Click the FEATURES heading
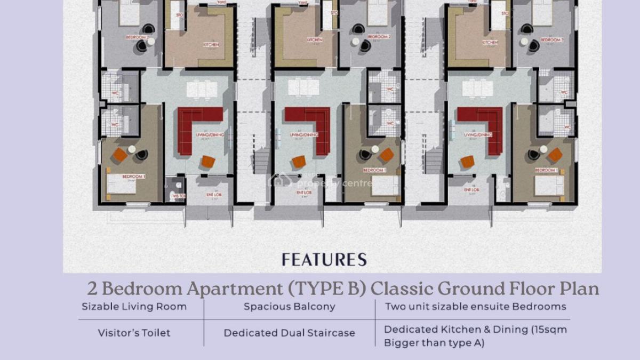(x=324, y=260)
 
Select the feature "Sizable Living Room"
(x=134, y=307)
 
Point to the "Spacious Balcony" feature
(x=290, y=307)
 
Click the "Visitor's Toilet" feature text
(x=134, y=333)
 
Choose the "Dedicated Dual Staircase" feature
(x=290, y=333)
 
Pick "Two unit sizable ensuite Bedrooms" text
(x=475, y=307)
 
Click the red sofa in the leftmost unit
(x=194, y=126)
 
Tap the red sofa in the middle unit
(x=313, y=126)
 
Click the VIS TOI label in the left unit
(x=178, y=196)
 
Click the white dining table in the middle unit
(x=303, y=87)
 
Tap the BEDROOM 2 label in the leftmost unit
(x=137, y=37)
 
